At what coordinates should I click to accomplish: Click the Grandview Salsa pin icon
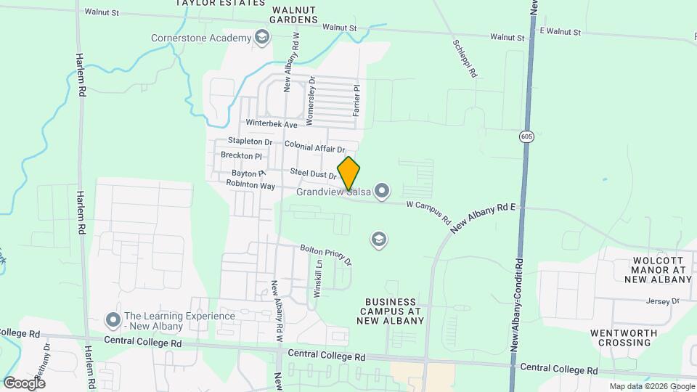(x=382, y=192)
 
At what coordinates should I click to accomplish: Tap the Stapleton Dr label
(x=250, y=141)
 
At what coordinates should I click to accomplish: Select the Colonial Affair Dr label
(x=314, y=147)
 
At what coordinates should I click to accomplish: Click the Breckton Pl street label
(x=240, y=156)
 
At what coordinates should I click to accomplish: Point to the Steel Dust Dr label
(x=313, y=173)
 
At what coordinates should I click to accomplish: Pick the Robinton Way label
(x=250, y=186)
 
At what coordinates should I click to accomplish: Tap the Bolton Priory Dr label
(x=326, y=254)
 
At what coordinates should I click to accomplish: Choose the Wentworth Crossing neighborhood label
(x=624, y=338)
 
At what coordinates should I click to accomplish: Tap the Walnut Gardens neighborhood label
(x=295, y=15)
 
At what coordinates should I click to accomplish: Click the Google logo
(x=25, y=383)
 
